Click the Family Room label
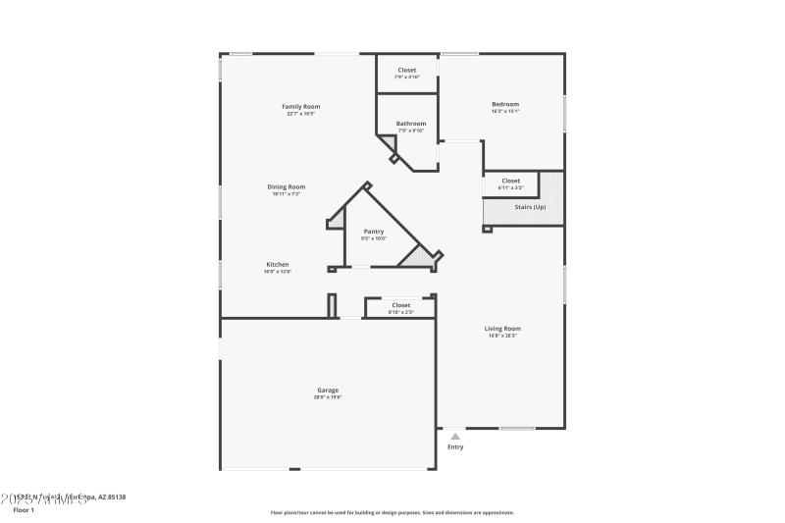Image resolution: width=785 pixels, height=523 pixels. pyautogui.click(x=301, y=106)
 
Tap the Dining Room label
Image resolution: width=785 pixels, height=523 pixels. pyautogui.click(x=287, y=186)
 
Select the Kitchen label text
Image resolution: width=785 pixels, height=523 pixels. pyautogui.click(x=278, y=264)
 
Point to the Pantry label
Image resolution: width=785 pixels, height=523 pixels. pyautogui.click(x=373, y=231)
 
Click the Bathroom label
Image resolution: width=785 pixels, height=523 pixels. pyautogui.click(x=411, y=124)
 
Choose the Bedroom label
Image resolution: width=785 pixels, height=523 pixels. pyautogui.click(x=505, y=104)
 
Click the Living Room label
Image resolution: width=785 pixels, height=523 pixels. pyautogui.click(x=502, y=329)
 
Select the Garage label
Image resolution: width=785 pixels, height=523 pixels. pyautogui.click(x=328, y=390)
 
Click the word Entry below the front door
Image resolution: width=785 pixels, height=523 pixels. pyautogui.click(x=455, y=447)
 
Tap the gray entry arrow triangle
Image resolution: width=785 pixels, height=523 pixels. pyautogui.click(x=455, y=436)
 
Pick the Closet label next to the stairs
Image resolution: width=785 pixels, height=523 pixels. pyautogui.click(x=511, y=181)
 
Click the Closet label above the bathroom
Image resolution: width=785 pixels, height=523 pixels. pyautogui.click(x=406, y=70)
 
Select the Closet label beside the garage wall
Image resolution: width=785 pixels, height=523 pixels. pyautogui.click(x=401, y=305)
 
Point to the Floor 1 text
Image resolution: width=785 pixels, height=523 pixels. pyautogui.click(x=23, y=510)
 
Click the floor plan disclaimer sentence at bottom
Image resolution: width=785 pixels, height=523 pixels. pyautogui.click(x=392, y=512)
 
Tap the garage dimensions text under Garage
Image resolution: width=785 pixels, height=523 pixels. pyautogui.click(x=328, y=397)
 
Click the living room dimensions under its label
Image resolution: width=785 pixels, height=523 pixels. pyautogui.click(x=502, y=337)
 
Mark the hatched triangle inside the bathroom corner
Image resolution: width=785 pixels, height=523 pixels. pyautogui.click(x=389, y=144)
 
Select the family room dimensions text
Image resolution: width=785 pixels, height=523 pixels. pyautogui.click(x=301, y=114)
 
